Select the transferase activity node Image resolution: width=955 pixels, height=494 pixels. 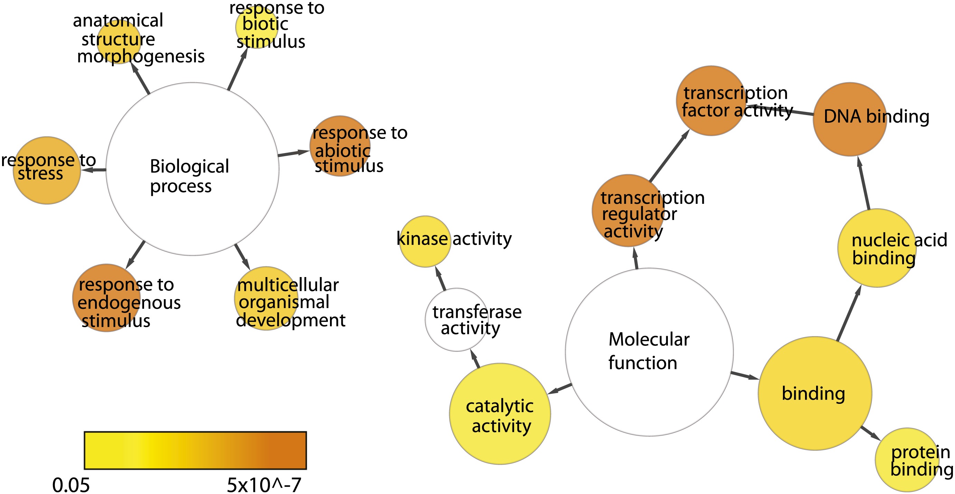[457, 320]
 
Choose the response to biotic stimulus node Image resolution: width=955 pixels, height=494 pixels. [257, 27]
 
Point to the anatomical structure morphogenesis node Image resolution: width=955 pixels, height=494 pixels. [119, 41]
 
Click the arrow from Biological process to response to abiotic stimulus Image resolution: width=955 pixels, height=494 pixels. [293, 153]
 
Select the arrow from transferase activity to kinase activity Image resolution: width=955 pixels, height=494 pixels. [441, 278]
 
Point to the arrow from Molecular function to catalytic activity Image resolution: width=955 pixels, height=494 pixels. [560, 389]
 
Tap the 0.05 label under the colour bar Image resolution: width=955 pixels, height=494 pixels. [71, 485]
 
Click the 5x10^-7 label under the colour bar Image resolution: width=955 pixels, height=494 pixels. [264, 485]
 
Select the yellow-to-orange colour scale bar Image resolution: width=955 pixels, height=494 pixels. [195, 450]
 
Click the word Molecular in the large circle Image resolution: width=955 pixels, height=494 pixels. [649, 340]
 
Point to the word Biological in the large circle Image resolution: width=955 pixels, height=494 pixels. [189, 167]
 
